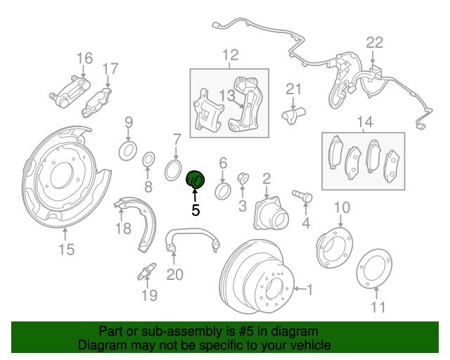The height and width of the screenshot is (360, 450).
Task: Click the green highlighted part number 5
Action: [x=195, y=180]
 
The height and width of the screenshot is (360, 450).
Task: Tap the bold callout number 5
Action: [x=195, y=210]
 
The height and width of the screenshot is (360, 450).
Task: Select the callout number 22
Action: [x=374, y=42]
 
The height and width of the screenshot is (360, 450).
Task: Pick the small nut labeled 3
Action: [x=243, y=179]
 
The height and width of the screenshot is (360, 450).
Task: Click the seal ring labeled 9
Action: [x=128, y=151]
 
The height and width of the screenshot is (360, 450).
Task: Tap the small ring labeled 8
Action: [x=148, y=160]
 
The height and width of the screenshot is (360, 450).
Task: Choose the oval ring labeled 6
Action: [x=223, y=191]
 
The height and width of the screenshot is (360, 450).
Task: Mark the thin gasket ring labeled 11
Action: [x=374, y=268]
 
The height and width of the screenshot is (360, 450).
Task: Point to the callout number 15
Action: [x=67, y=249]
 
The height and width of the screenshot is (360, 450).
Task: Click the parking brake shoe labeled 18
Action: [x=137, y=224]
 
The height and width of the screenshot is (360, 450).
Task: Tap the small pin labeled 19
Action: [x=147, y=271]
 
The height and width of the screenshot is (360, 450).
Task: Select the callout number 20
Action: [x=175, y=274]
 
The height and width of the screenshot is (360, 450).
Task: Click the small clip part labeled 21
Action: [x=294, y=115]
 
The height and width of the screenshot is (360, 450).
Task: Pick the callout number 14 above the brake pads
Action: [x=365, y=122]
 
